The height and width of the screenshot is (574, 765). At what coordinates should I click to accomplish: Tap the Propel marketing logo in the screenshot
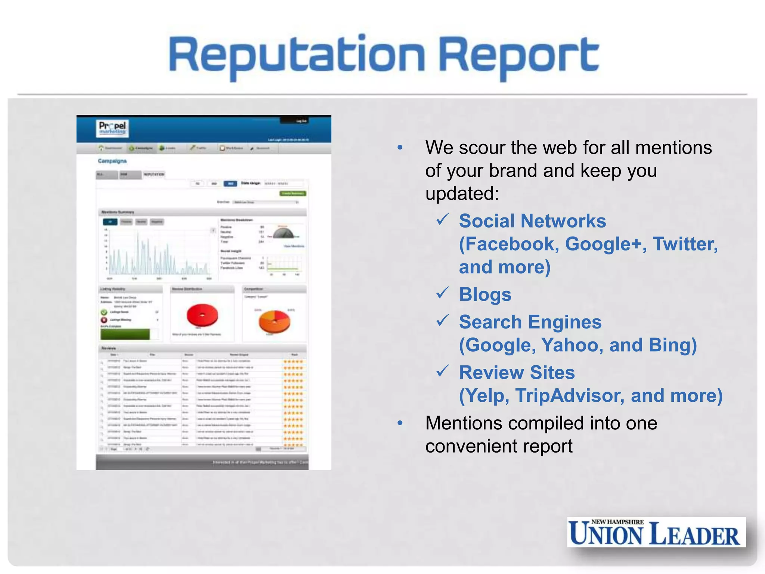click(112, 128)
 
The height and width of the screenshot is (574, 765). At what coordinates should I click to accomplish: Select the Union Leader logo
click(656, 532)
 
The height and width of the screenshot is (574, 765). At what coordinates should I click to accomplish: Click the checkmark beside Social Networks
click(443, 219)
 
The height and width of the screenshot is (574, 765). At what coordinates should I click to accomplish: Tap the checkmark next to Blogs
click(443, 293)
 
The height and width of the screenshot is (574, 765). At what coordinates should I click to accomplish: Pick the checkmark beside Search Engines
click(443, 321)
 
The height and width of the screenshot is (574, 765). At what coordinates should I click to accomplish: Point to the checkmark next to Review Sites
click(443, 371)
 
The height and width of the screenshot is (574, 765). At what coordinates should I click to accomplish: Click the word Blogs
click(485, 294)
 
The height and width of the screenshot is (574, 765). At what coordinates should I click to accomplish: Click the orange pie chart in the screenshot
click(274, 321)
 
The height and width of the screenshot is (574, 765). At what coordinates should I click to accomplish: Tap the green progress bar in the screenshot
click(125, 334)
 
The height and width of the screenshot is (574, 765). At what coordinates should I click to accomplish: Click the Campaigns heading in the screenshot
click(112, 161)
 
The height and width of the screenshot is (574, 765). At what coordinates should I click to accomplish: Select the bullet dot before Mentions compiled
click(400, 423)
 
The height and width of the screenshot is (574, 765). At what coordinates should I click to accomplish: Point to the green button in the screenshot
click(293, 193)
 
